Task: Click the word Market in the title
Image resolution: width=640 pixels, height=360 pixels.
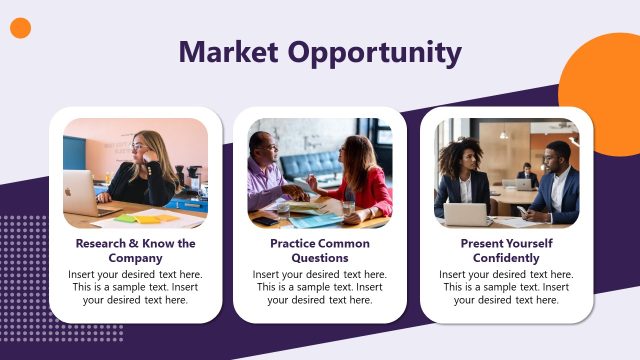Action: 227,52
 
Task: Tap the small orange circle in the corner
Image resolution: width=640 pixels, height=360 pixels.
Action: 21,28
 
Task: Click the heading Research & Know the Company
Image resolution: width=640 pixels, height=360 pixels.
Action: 135,250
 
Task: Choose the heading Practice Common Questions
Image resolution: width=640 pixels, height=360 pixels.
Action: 320,250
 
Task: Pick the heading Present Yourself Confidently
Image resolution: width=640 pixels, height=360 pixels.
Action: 506,250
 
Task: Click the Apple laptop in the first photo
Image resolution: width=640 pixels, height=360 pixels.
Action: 80,192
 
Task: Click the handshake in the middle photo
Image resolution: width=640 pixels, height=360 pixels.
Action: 296,191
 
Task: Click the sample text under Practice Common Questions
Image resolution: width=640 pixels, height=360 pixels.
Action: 320,287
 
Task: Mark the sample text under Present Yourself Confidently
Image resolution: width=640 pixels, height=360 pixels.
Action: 506,287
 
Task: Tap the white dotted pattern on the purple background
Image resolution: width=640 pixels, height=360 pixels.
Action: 30,270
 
